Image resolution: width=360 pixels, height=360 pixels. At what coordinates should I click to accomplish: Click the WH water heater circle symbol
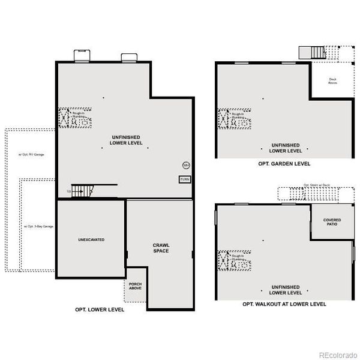(x=186, y=165)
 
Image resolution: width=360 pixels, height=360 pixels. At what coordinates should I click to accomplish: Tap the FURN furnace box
(x=185, y=179)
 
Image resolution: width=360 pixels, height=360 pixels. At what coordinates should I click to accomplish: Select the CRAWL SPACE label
(x=160, y=248)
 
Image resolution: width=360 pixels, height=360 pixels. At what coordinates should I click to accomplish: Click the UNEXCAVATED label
(x=91, y=239)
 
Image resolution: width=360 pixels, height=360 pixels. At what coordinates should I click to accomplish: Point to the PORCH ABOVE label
(x=135, y=285)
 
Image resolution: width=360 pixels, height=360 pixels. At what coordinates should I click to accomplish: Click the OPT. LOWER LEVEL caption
(x=100, y=310)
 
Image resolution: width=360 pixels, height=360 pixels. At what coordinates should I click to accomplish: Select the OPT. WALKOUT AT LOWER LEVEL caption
(x=284, y=304)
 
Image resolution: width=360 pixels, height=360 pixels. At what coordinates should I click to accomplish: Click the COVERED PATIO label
(x=332, y=222)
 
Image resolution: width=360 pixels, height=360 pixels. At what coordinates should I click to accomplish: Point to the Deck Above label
(x=332, y=81)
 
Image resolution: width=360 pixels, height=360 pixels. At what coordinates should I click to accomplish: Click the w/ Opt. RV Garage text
(x=31, y=154)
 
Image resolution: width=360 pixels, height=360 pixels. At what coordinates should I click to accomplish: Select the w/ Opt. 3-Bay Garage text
(x=38, y=226)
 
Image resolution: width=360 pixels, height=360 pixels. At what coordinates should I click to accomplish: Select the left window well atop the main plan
(x=82, y=56)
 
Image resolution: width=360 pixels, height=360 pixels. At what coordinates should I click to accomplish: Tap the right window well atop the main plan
(x=129, y=58)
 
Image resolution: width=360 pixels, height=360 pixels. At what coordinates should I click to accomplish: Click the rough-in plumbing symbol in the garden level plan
(x=233, y=119)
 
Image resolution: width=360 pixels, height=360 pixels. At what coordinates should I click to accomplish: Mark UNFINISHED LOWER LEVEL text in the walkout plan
(x=285, y=290)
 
